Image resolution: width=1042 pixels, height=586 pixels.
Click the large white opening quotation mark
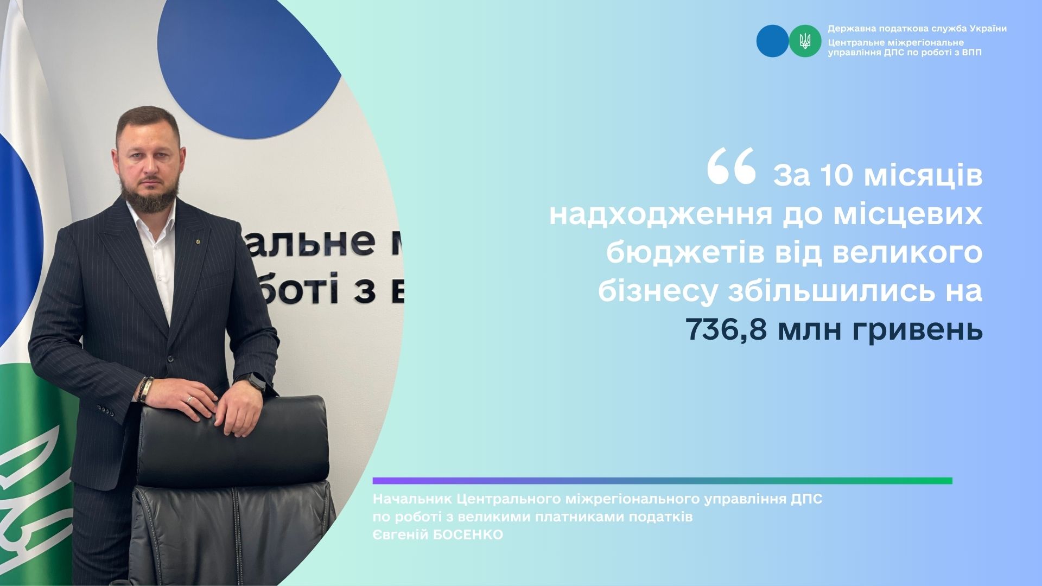pos(731,167)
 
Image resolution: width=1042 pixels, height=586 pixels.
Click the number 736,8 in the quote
pos(727,329)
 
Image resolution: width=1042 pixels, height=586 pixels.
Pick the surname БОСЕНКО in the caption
pos(466,535)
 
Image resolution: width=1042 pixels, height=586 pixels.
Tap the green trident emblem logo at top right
pos(805,41)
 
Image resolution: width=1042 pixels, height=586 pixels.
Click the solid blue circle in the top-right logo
pos(772,41)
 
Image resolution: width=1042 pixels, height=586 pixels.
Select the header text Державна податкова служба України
pos(917,29)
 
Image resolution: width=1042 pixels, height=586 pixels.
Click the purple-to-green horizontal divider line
pos(662,481)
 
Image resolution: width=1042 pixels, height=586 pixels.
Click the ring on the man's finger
pos(189,399)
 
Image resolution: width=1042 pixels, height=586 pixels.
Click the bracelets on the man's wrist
pos(145,390)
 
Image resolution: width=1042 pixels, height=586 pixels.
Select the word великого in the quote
pos(907,253)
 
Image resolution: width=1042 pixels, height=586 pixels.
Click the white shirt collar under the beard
pos(157,217)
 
